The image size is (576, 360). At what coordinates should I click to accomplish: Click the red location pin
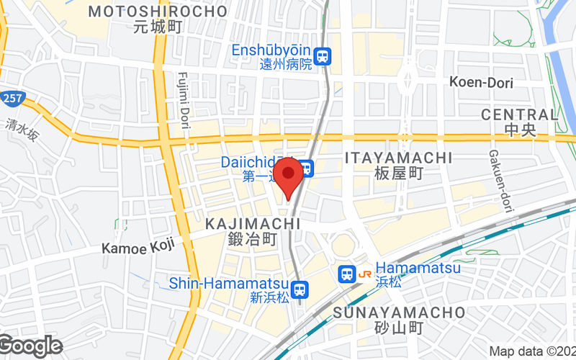tap(289, 175)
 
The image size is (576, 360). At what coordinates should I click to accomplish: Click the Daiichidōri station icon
tap(307, 168)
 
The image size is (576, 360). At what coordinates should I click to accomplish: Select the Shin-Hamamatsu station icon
tap(301, 289)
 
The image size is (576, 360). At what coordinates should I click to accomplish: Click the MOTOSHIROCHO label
tap(158, 12)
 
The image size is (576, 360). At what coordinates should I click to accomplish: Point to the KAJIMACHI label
tap(252, 224)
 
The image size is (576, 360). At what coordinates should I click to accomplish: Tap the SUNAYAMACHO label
tap(400, 312)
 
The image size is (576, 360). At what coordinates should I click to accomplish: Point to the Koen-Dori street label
tap(481, 82)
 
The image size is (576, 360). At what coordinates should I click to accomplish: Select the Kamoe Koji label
tap(138, 248)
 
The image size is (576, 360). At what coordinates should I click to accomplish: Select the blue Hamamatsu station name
tap(418, 268)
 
